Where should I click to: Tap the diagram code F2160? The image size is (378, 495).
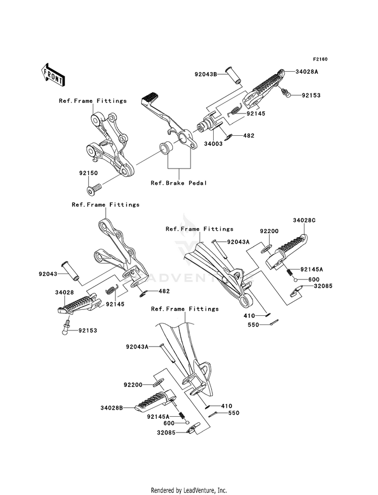(320, 60)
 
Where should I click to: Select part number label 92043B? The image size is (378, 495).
(206, 74)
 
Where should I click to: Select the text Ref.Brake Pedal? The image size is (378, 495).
(179, 183)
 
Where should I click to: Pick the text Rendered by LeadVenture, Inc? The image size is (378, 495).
(188, 490)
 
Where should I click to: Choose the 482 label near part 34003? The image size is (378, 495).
(249, 136)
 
